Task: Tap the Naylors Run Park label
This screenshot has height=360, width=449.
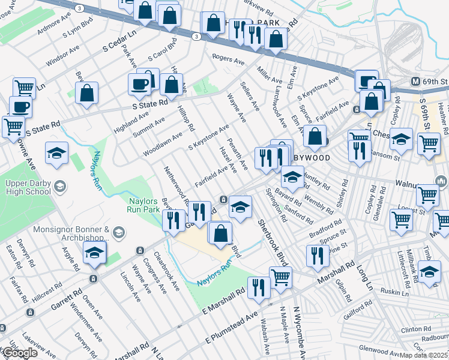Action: click(143, 205)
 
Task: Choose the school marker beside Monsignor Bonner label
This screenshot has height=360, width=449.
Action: click(95, 254)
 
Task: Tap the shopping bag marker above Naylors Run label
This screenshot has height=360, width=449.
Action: click(221, 233)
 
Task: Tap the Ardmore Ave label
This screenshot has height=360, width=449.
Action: click(53, 28)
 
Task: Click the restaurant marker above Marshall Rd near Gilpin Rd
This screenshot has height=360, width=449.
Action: click(318, 256)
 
